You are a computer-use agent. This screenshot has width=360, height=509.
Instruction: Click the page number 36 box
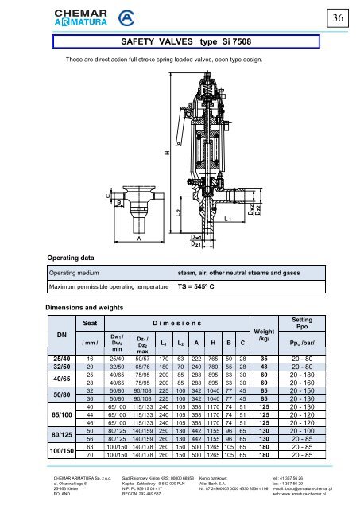pyautogui.click(x=346, y=17)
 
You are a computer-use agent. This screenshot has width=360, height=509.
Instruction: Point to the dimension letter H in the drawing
pyautogui.click(x=166, y=152)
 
